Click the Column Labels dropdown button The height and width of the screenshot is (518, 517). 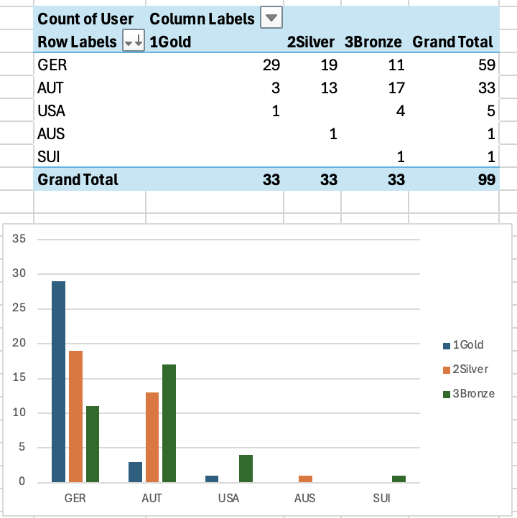point(271,19)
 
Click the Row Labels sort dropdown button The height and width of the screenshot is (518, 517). point(134,42)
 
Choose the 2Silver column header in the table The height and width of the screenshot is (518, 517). point(311,42)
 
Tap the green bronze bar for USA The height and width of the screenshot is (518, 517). point(246,468)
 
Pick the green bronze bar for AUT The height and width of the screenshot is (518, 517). point(169,423)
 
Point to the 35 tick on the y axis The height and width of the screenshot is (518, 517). point(19,239)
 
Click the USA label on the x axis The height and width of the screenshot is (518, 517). point(230,497)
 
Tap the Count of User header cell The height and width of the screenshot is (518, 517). point(85,19)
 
